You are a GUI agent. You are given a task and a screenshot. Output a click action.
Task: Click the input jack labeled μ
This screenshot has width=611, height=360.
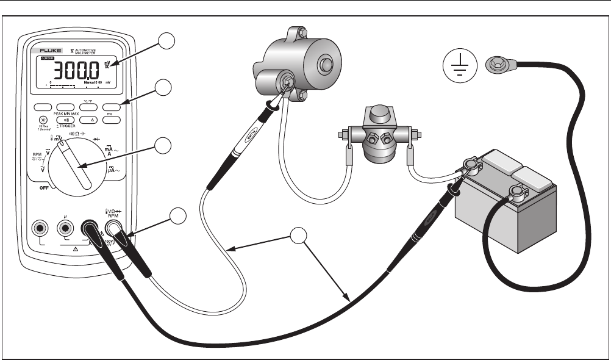[66, 228]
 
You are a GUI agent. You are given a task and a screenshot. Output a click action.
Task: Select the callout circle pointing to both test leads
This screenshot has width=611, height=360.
[299, 236]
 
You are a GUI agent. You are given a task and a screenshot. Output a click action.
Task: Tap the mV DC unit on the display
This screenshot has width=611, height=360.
[107, 64]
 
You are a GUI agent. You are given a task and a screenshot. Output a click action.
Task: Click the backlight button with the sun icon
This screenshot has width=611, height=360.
[43, 120]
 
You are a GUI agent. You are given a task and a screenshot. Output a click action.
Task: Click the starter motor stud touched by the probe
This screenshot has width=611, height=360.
[284, 79]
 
